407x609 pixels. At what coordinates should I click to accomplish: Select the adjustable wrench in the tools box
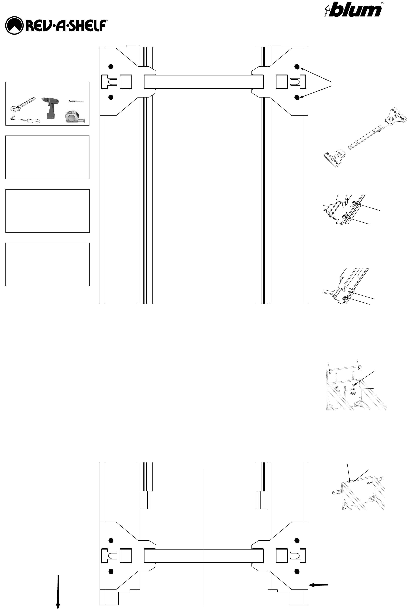point(23,104)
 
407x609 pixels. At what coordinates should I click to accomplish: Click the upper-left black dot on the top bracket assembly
point(111,66)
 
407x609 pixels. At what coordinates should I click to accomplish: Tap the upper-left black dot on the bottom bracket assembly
point(111,541)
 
